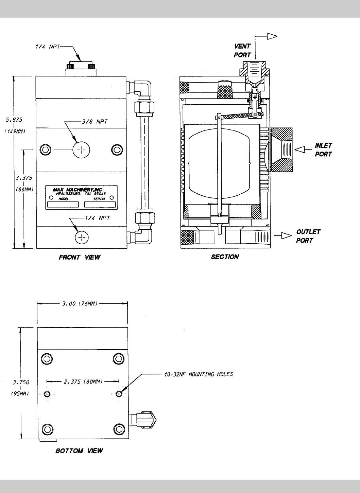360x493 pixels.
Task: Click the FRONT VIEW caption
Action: (80, 257)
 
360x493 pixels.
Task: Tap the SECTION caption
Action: (225, 257)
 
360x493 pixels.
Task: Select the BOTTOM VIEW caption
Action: (79, 451)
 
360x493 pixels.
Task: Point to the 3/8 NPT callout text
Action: (95, 122)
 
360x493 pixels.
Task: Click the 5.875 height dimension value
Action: (14, 120)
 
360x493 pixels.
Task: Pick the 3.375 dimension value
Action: (24, 178)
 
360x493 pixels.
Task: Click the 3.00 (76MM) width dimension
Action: (80, 303)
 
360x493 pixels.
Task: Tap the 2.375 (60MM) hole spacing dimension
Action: (83, 382)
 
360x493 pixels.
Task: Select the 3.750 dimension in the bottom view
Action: (21, 382)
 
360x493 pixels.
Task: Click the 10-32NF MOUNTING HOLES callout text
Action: (199, 374)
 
